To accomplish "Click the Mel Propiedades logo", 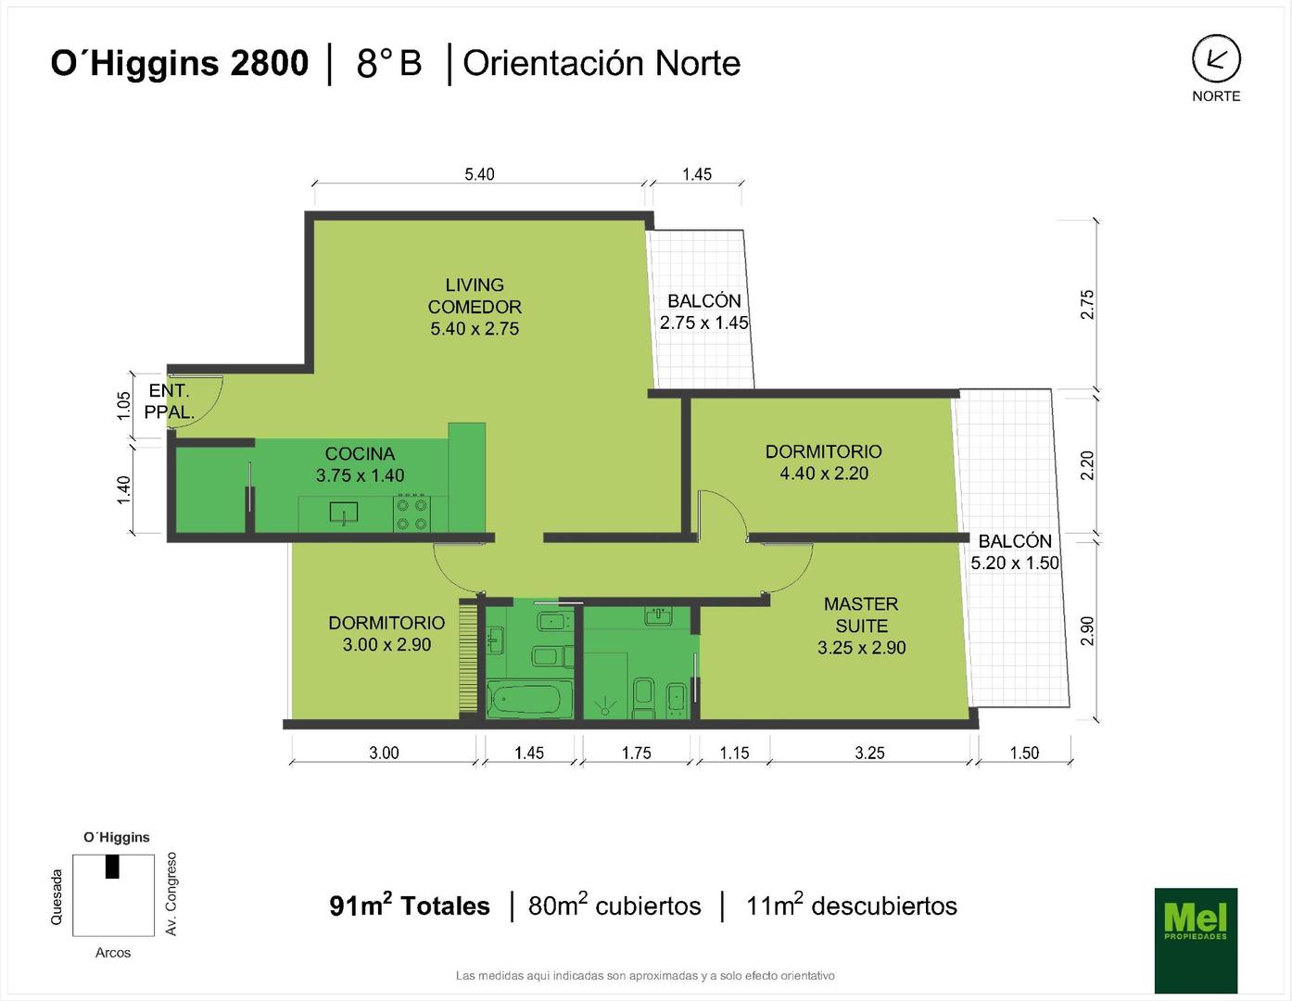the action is coord(1196,941).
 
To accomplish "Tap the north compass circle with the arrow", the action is coord(1217,58).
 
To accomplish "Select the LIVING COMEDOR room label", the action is coord(475,307).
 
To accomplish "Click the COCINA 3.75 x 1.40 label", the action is coord(360,464).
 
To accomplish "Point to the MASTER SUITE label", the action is coord(862,626).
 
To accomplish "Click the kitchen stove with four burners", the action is coord(412,513).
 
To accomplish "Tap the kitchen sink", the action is coord(344,513).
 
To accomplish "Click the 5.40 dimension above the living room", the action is coord(479,174).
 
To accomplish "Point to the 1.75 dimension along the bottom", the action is coord(636,754).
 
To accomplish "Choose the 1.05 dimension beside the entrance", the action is coord(123,405).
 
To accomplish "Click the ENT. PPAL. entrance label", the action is coord(170,401).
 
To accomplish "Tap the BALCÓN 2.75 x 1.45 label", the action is coord(704,311).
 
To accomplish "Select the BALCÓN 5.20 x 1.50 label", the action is coord(1015,551).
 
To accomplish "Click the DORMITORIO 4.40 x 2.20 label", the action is coord(823,462).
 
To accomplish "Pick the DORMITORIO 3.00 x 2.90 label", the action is coord(386,633).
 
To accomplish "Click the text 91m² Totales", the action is coord(410,906).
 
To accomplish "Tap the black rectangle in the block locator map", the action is coord(112,867).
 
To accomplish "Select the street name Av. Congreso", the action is coord(171,894).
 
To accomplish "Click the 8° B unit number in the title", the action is coord(389,63).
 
